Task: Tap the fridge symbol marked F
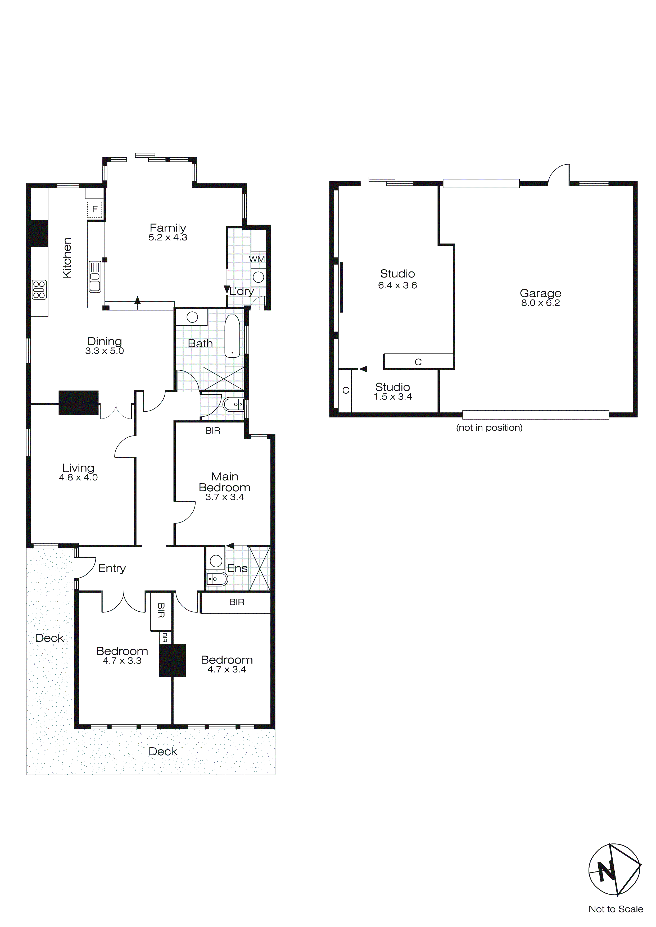95,209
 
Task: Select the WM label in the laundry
257,259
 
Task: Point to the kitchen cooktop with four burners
39,290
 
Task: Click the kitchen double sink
95,277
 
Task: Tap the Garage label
540,293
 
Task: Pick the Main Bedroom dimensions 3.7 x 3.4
225,497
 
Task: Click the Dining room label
104,341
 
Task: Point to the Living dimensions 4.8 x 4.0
78,477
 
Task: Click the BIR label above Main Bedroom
212,430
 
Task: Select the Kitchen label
67,258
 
